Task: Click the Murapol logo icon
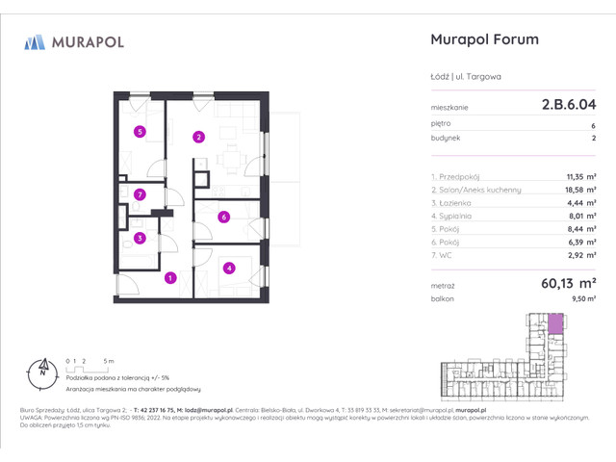point(35,41)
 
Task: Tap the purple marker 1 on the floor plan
point(169,278)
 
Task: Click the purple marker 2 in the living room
point(198,137)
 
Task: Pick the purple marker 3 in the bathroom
point(140,238)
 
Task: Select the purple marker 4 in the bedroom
point(229,269)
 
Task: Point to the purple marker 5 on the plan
point(140,132)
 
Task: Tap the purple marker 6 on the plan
point(223,217)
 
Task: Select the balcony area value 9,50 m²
point(581,300)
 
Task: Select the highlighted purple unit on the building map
point(555,324)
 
